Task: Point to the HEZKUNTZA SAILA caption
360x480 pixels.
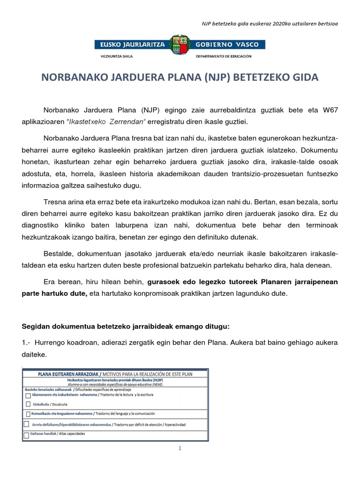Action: click(117, 56)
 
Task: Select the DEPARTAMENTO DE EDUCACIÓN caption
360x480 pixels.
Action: click(227, 56)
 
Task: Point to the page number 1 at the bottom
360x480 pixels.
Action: click(179, 448)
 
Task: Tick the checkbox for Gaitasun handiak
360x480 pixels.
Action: click(26, 435)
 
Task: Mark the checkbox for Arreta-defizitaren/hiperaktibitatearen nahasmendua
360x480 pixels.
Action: click(26, 424)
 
